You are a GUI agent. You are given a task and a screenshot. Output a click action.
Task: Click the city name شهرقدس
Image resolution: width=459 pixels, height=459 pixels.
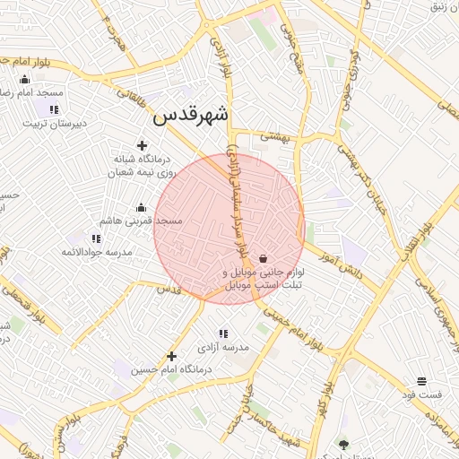pos(191,115)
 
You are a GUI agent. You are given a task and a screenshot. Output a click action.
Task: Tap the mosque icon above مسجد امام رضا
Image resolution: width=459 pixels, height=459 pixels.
pos(24,79)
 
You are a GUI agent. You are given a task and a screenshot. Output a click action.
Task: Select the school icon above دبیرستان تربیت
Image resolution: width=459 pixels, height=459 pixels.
pos(55,109)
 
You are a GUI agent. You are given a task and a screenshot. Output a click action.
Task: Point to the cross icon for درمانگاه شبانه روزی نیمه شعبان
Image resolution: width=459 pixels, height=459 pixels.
pos(141,145)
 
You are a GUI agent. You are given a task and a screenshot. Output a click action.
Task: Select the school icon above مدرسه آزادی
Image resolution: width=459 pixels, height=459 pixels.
pos(223,333)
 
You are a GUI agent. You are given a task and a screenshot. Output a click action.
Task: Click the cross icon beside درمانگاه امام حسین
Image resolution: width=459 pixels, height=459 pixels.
pos(171,356)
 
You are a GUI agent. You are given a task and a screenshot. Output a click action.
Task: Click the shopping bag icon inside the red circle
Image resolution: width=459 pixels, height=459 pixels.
pos(262,257)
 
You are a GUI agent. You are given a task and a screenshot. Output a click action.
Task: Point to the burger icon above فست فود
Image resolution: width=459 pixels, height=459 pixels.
pos(421,382)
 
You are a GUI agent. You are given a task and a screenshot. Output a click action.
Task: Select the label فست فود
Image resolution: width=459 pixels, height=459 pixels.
pos(421,395)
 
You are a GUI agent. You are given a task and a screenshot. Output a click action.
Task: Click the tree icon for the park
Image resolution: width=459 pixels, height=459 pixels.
pos(343,443)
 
